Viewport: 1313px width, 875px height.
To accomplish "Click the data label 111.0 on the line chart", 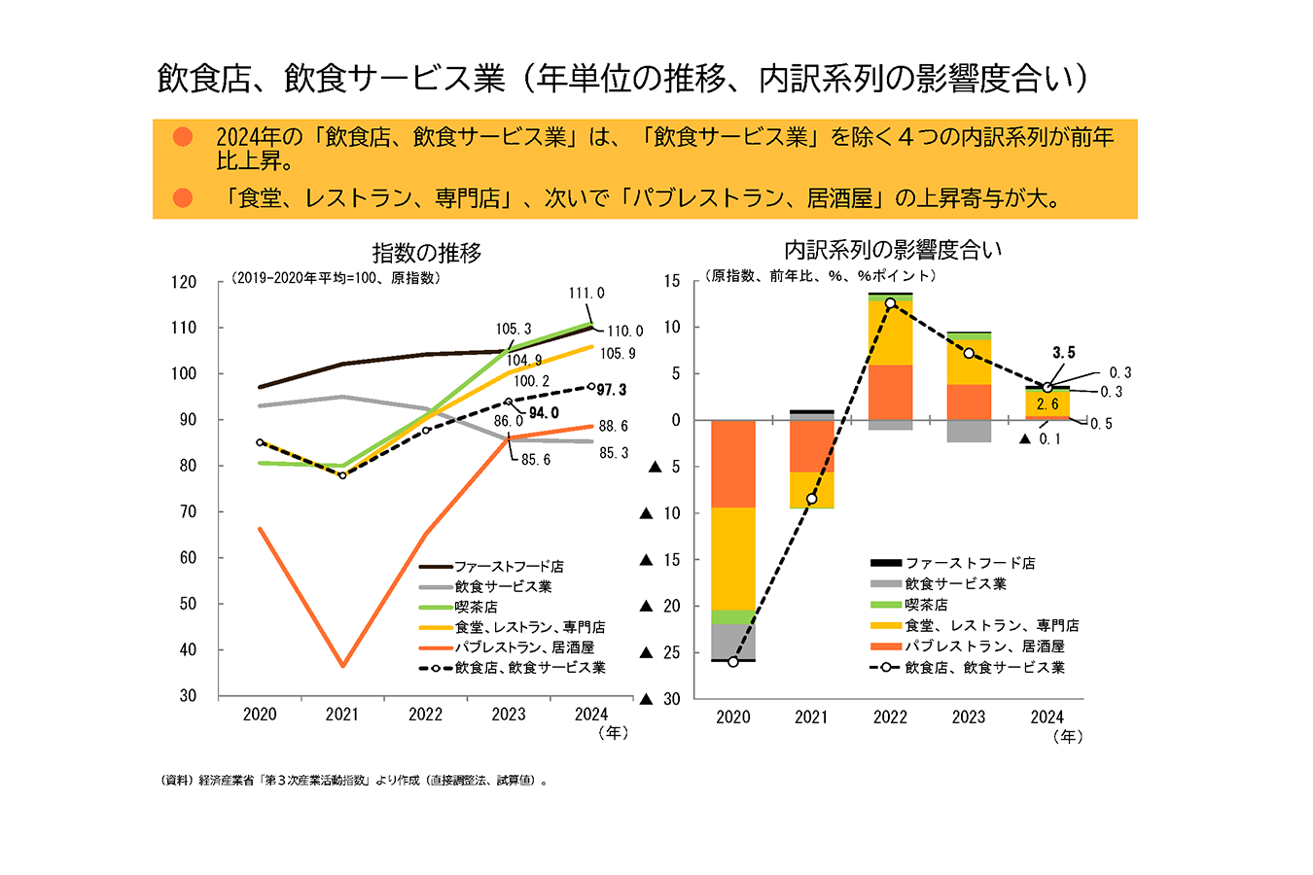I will click(586, 293).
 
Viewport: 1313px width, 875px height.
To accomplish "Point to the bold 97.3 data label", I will click(612, 390).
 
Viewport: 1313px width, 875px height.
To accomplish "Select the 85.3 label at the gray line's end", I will click(613, 453).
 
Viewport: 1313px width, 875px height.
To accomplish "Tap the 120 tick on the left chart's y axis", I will click(183, 282).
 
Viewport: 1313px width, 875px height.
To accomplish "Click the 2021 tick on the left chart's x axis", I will click(342, 715).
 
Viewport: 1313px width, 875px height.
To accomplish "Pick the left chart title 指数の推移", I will click(426, 253).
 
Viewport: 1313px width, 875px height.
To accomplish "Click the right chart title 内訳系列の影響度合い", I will click(893, 250).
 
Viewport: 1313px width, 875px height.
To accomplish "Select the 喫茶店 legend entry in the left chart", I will click(477, 607).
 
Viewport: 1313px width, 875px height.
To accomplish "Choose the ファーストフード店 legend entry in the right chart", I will click(970, 563).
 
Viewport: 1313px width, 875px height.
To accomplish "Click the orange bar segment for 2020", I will click(733, 464).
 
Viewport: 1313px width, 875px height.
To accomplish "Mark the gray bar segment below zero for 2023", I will click(969, 431).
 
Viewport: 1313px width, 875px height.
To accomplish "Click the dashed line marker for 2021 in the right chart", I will click(811, 499).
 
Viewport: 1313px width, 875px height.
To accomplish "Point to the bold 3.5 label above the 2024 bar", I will click(1064, 353).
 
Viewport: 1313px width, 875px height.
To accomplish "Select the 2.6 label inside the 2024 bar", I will click(1047, 404).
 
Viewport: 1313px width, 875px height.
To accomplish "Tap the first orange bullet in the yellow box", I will click(183, 137).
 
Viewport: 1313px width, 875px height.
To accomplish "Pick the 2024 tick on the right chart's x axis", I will click(1047, 717).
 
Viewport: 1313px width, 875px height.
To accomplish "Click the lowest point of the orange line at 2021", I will click(342, 666).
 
